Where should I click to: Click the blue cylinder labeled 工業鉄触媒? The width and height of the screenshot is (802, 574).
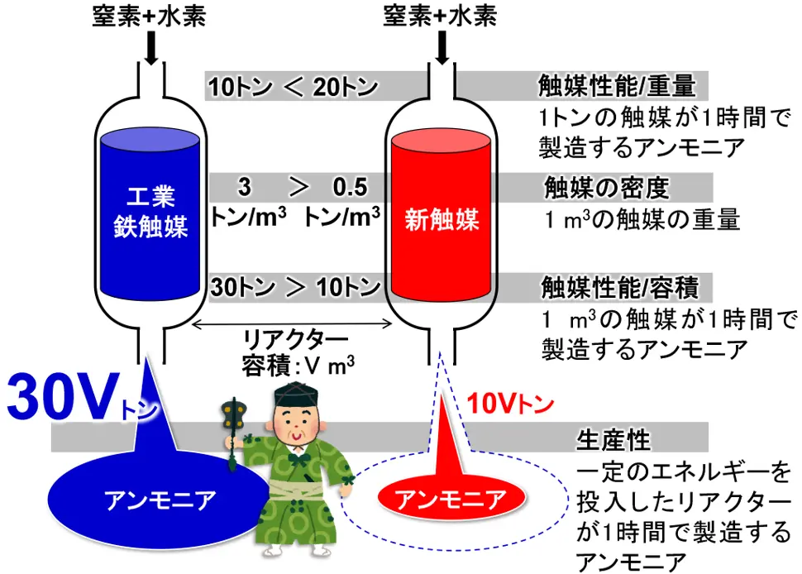coord(146,215)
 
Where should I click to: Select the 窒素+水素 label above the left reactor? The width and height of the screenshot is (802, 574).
coord(150,16)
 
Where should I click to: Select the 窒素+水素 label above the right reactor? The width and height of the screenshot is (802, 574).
coord(442,16)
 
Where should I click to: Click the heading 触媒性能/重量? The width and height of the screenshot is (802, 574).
coord(615,85)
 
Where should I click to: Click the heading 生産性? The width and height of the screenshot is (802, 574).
coord(613,439)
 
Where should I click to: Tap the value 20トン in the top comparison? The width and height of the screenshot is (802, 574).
coord(345,86)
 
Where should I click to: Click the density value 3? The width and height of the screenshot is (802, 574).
coord(245,187)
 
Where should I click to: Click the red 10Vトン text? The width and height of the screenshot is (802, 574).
coord(507,404)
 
